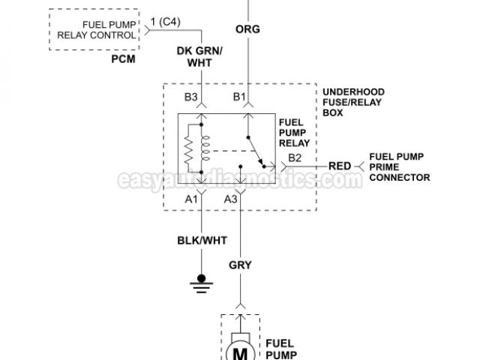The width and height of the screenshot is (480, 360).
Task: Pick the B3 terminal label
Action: tap(191, 97)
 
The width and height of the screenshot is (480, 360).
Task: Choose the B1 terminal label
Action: tap(238, 97)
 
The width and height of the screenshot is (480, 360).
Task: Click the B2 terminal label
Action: tap(295, 157)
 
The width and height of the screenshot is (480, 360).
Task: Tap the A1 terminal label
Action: tap(192, 199)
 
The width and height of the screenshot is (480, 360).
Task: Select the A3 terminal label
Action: tap(231, 199)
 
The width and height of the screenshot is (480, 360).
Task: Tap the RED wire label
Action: tap(340, 166)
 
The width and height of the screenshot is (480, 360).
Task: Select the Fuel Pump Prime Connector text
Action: tap(400, 166)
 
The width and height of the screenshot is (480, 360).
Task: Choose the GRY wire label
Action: tap(241, 264)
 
